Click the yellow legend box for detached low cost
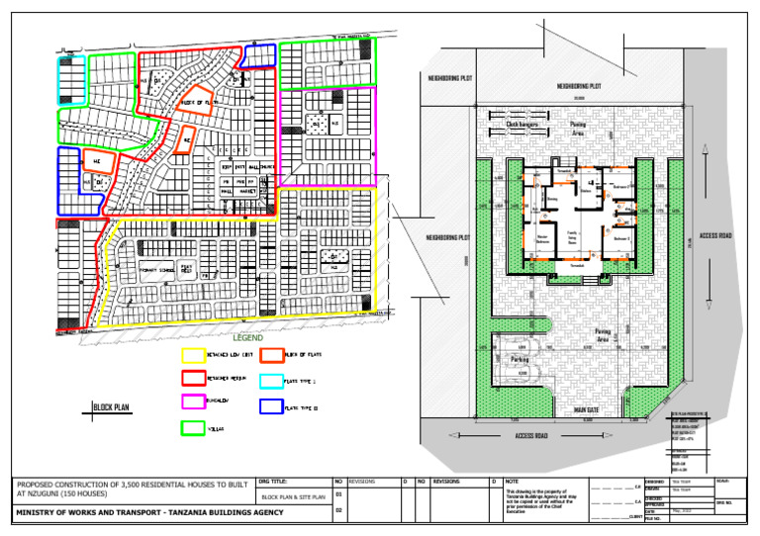click(x=193, y=354)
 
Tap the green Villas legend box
click(x=193, y=427)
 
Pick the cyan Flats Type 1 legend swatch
click(x=269, y=380)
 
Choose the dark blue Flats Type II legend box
click(x=269, y=404)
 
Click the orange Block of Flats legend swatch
click(x=269, y=354)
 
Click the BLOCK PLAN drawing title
click(x=112, y=406)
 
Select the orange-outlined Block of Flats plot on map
click(x=197, y=102)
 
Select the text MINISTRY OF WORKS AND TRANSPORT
click(x=148, y=512)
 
